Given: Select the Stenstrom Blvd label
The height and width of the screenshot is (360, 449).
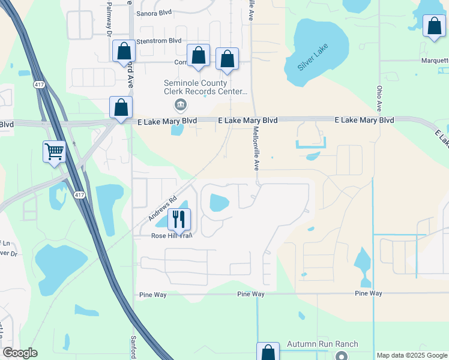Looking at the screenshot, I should point(159,41).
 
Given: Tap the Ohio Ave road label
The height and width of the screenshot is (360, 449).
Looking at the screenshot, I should point(379,98).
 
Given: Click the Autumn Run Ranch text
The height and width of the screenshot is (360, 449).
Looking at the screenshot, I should point(322,344).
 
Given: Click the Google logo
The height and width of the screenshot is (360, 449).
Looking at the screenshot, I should point(20,353).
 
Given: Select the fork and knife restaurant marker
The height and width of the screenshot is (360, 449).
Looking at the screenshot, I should point(179,220).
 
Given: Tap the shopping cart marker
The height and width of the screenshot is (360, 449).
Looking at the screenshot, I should point(55,151).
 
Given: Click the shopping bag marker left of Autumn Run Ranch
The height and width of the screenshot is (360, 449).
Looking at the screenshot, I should point(268,352).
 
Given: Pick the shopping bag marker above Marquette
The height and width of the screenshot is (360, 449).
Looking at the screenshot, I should point(434,26).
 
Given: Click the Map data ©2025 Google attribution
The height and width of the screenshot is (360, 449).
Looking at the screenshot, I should point(412,355).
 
